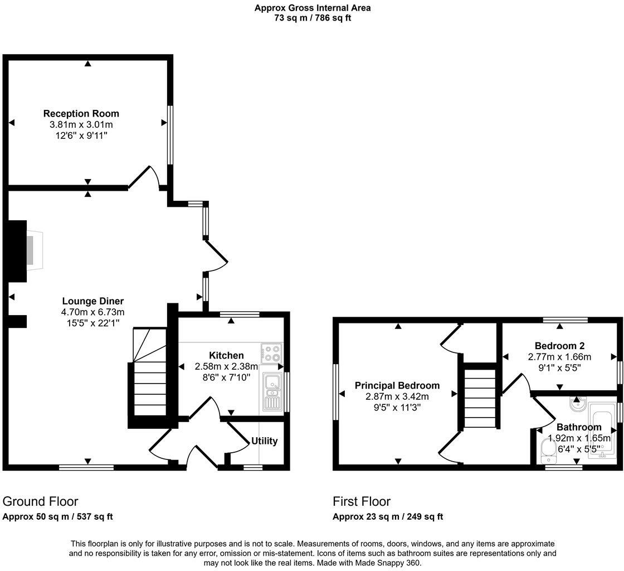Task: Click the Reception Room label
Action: pyautogui.click(x=81, y=114)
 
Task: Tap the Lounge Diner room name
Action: pyautogui.click(x=92, y=301)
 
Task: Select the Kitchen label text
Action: pyautogui.click(x=226, y=355)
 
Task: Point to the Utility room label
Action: pyautogui.click(x=264, y=441)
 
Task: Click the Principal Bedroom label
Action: pyautogui.click(x=397, y=385)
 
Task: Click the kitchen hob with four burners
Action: pyautogui.click(x=272, y=354)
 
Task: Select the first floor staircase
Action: pyautogui.click(x=480, y=398)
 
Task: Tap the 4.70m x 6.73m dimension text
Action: pyautogui.click(x=92, y=312)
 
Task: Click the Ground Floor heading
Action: pyautogui.click(x=41, y=501)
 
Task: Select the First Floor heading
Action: pyautogui.click(x=362, y=501)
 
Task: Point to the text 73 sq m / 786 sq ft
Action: pyautogui.click(x=312, y=18)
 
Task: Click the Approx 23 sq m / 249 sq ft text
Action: pyautogui.click(x=388, y=517)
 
